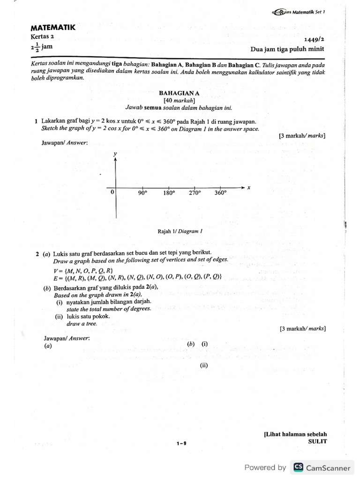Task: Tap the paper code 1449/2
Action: coord(314,40)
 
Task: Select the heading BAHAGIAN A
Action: coord(179,93)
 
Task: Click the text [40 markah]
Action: coord(179,100)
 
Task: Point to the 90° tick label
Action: coord(142,193)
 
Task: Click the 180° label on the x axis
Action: coord(169,193)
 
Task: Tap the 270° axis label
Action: coord(195,193)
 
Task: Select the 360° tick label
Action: coord(220,193)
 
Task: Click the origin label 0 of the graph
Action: coord(112,193)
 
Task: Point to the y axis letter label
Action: coord(115,154)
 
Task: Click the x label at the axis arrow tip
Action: coord(249,187)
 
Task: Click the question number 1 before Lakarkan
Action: coord(36,121)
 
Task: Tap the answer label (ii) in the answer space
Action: coord(203,365)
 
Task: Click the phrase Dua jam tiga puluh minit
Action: coord(288,49)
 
